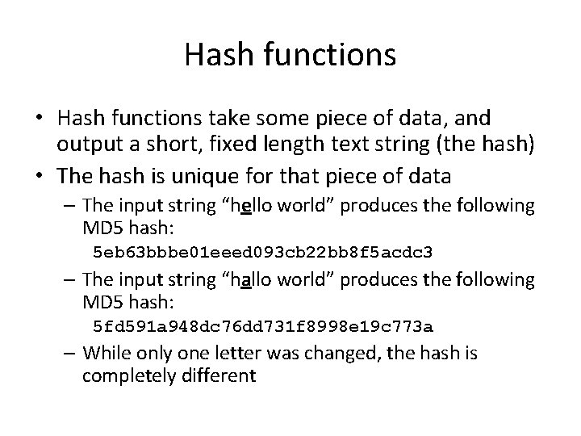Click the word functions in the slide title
click(324, 55)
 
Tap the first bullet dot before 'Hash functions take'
click(38, 119)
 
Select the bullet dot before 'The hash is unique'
click(38, 174)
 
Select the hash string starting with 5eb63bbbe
click(263, 253)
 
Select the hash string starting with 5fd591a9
click(263, 326)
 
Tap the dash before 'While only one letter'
click(71, 354)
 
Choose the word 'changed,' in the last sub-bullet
click(355, 354)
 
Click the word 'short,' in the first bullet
click(181, 146)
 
